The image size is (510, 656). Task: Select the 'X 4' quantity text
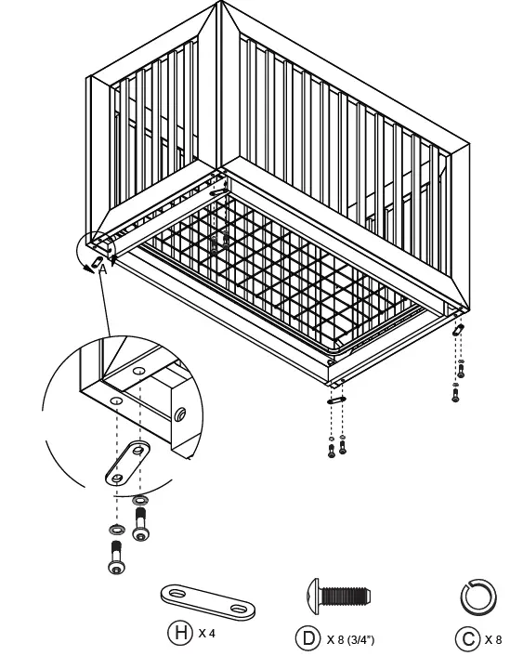(x=206, y=634)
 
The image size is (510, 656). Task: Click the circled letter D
(x=307, y=638)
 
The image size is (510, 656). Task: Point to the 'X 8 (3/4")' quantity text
(x=350, y=639)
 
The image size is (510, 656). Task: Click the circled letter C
(x=467, y=639)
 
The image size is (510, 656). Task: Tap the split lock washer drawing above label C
(x=478, y=597)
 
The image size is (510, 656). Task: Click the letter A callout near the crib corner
(x=102, y=269)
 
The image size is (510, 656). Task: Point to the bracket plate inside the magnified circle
(x=129, y=464)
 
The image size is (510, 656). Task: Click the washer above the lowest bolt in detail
(x=116, y=531)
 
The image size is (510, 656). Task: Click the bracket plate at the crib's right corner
(x=458, y=330)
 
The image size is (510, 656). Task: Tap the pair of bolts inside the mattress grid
(x=215, y=243)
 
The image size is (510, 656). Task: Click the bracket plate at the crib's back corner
(x=219, y=192)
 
